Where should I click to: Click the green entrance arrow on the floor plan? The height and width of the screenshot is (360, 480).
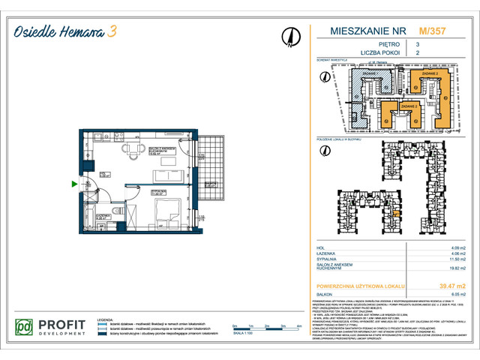73,183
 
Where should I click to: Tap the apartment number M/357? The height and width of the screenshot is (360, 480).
430,31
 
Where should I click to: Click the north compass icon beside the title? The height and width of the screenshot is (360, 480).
289,37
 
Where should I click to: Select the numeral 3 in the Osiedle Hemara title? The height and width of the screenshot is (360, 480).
112,31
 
